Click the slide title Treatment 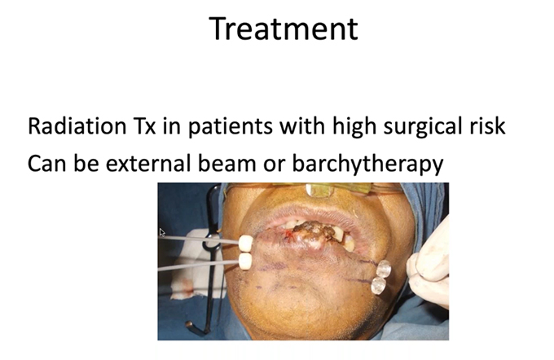pyautogui.click(x=284, y=29)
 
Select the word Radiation pyautogui.click(x=77, y=125)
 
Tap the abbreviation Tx pyautogui.click(x=144, y=126)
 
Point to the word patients pyautogui.click(x=231, y=127)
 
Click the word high pyautogui.click(x=354, y=127)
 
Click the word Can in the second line pyautogui.click(x=47, y=164)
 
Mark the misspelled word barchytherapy pyautogui.click(x=367, y=165)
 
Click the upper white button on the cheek pyautogui.click(x=246, y=243)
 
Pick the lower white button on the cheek pyautogui.click(x=245, y=261)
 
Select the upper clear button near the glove pyautogui.click(x=384, y=270)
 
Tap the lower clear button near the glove pyautogui.click(x=378, y=285)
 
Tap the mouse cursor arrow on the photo pyautogui.click(x=162, y=232)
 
